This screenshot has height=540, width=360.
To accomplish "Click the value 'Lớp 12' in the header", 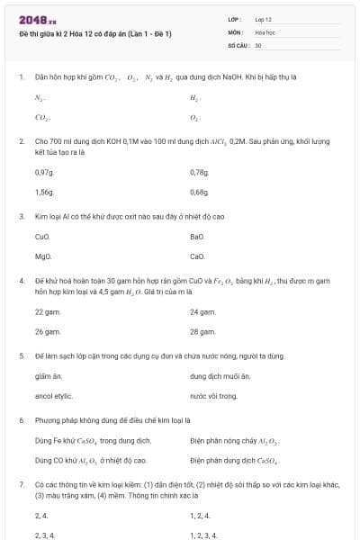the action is (264, 19).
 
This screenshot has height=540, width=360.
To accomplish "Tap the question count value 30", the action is (258, 44).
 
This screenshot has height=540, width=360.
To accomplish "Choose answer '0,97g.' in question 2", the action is (44, 172).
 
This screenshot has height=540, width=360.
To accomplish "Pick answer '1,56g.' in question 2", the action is (44, 192).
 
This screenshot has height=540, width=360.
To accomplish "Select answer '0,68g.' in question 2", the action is (200, 192).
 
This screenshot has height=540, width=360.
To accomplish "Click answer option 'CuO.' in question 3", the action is (42, 237).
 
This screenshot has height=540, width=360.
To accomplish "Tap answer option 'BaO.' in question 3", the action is (198, 237).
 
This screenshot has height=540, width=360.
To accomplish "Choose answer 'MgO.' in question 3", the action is (42, 256).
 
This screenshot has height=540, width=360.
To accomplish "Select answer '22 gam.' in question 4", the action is (47, 311).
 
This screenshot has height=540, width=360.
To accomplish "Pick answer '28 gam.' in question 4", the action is (202, 331).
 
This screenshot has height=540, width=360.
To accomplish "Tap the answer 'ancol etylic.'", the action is (53, 396).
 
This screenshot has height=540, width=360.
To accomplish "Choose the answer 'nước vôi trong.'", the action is (214, 396).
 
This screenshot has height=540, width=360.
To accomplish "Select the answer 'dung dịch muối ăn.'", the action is (220, 376).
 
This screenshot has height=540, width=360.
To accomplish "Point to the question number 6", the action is (21, 420).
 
